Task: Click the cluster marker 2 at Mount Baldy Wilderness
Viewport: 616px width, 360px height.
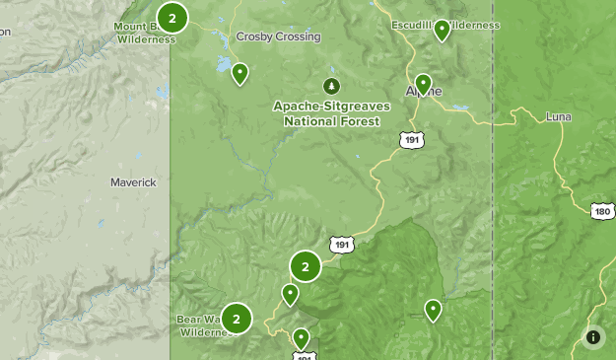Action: coord(172,17)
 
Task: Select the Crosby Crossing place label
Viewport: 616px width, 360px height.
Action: coord(278,36)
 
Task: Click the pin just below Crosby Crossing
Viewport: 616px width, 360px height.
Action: coord(240,73)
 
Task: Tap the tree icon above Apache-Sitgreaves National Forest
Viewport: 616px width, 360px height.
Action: coord(331,85)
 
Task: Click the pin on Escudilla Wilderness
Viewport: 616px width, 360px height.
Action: coord(443,30)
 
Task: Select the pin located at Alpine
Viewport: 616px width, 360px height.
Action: coord(423,83)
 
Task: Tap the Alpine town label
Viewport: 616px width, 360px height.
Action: coord(426,92)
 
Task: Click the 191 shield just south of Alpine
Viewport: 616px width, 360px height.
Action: coord(412,140)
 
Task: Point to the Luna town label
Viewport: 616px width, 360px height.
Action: coord(558,116)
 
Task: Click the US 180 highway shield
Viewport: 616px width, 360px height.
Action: coord(603,211)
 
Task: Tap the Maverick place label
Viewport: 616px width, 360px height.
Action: coord(134,182)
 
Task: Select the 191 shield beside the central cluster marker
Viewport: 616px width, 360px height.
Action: coord(341,244)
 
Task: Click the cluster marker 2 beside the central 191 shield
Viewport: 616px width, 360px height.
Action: coord(306,266)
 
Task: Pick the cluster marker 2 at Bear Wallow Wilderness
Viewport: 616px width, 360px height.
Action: coord(237,319)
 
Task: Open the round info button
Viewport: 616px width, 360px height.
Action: coord(593,337)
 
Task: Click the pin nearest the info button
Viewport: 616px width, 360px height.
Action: coord(433,310)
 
